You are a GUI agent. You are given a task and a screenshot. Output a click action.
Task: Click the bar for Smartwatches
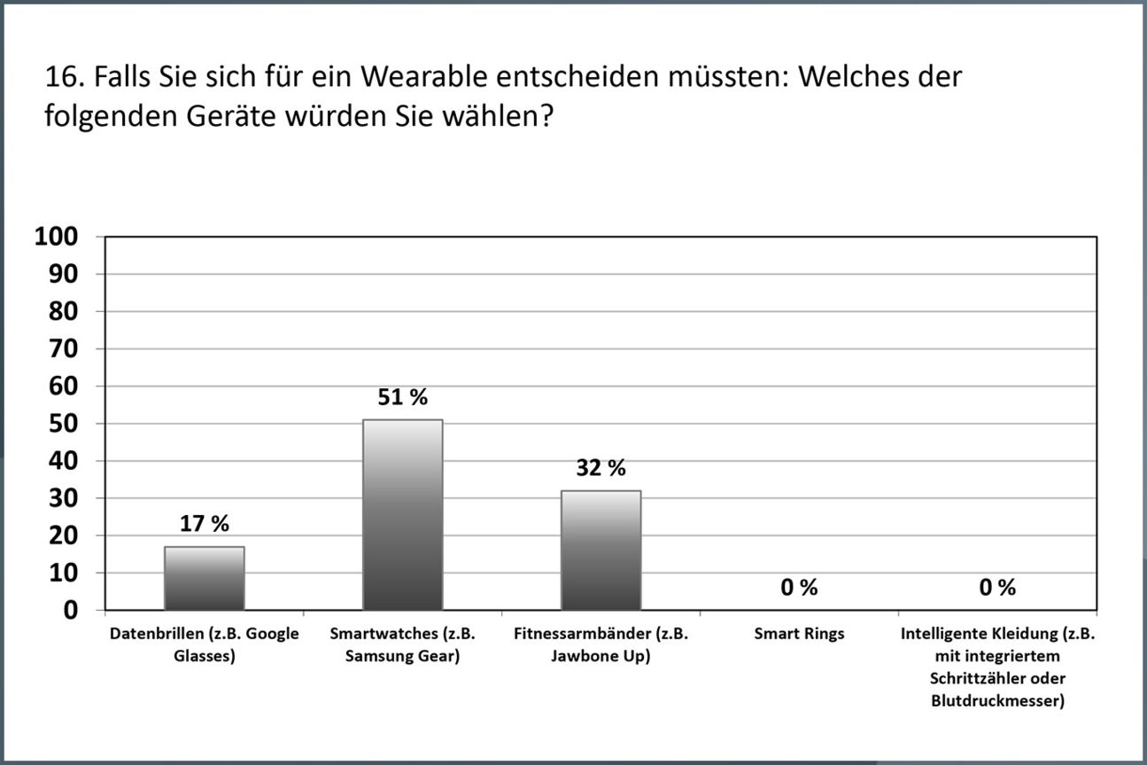coord(403,514)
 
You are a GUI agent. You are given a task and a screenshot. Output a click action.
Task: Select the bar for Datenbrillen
coord(205,578)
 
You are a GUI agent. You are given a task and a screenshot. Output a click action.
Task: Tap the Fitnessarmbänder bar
coord(601,550)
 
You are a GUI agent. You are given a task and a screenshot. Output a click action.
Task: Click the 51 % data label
coord(403,398)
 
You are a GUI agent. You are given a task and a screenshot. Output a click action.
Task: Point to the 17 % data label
coord(205,524)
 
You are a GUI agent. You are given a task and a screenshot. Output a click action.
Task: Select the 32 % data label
coord(601,468)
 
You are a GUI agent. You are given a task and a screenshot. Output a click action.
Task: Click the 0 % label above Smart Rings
coord(799,588)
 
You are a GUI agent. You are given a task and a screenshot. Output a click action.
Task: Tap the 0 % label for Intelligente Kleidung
coord(997,588)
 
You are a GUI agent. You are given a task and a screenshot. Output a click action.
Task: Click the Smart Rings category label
coord(799,635)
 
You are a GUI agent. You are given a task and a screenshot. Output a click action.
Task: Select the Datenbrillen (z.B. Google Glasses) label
coord(205,645)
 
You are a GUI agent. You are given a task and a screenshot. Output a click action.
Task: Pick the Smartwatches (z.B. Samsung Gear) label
coord(403,645)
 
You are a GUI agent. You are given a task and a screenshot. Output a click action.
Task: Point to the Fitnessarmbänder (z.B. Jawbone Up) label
coord(601,645)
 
